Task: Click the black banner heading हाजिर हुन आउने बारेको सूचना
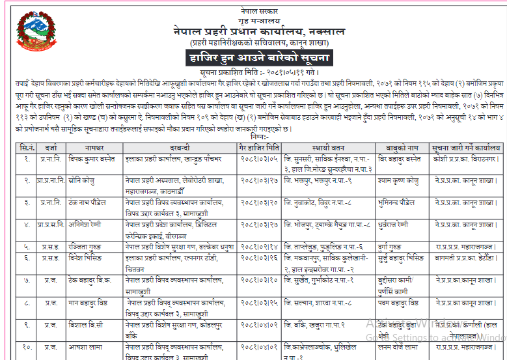pyautogui.click(x=258, y=58)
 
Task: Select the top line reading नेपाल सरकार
pyautogui.click(x=258, y=5)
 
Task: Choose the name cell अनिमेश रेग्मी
pyautogui.click(x=87, y=225)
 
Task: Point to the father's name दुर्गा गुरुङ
pyautogui.click(x=394, y=247)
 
